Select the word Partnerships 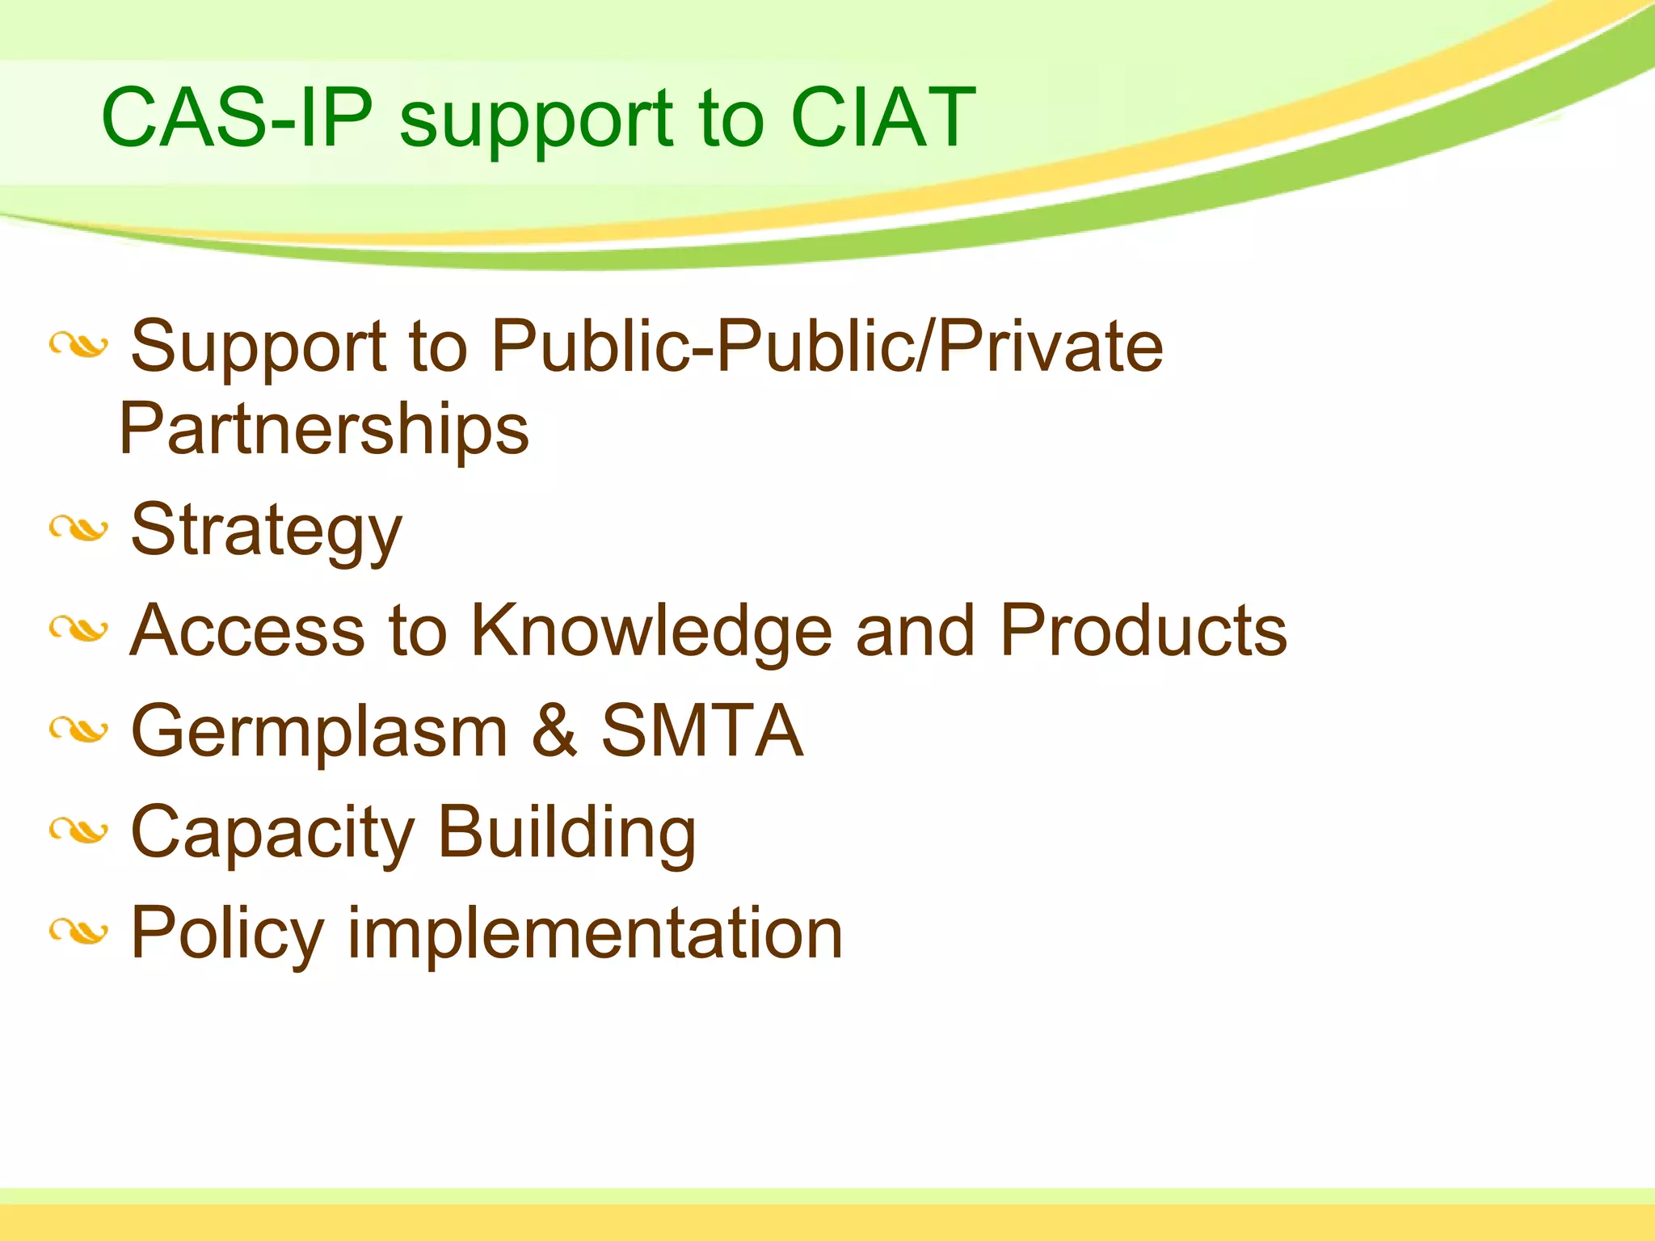[x=324, y=429]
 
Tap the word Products [x=1143, y=631]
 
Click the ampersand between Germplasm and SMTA [x=554, y=731]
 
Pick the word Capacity [x=272, y=834]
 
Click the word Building [x=566, y=832]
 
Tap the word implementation [x=596, y=934]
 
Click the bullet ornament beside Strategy [x=78, y=529]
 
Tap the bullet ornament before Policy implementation [x=78, y=932]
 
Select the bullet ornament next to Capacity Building [x=78, y=831]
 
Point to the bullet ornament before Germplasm [x=78, y=730]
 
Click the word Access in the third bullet [x=247, y=631]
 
